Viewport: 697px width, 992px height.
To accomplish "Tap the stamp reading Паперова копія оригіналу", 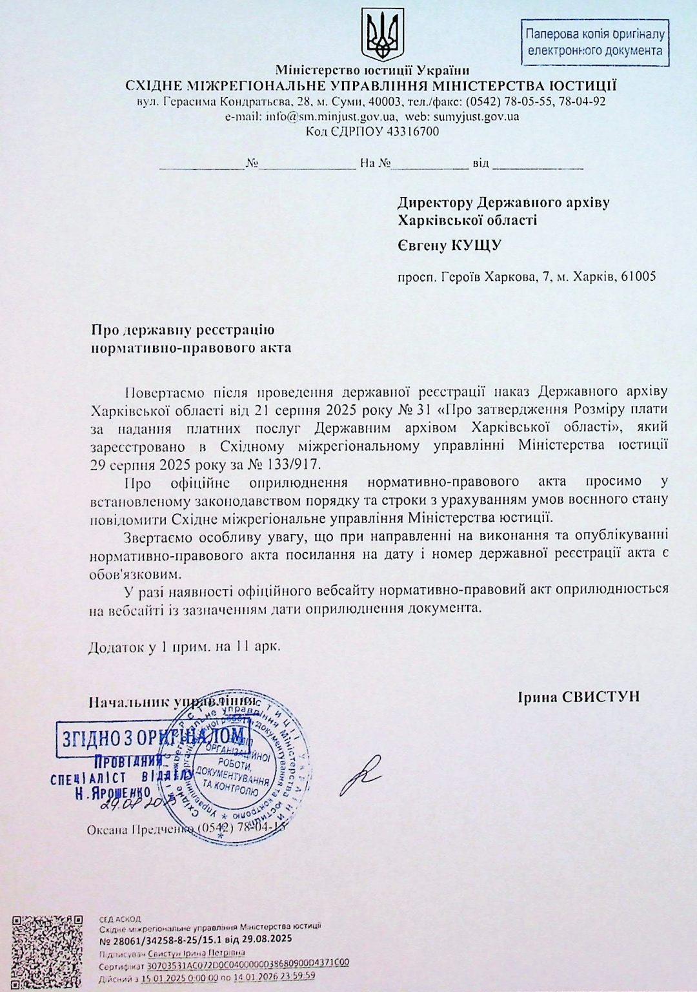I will pos(594,42).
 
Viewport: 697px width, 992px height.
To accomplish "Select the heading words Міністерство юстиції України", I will pos(372,70).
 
